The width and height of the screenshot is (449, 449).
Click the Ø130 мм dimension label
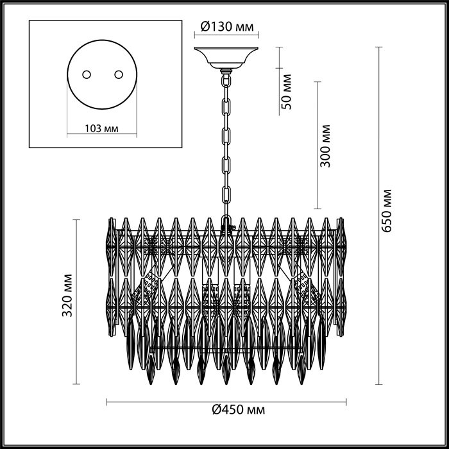click(228, 26)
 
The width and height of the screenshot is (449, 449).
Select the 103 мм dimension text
click(101, 128)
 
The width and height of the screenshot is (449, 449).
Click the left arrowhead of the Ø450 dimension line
click(106, 402)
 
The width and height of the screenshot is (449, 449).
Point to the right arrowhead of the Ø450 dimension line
click(346, 402)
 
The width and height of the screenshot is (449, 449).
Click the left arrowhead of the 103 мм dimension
click(67, 135)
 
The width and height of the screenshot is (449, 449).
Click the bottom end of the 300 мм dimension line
click(318, 209)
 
